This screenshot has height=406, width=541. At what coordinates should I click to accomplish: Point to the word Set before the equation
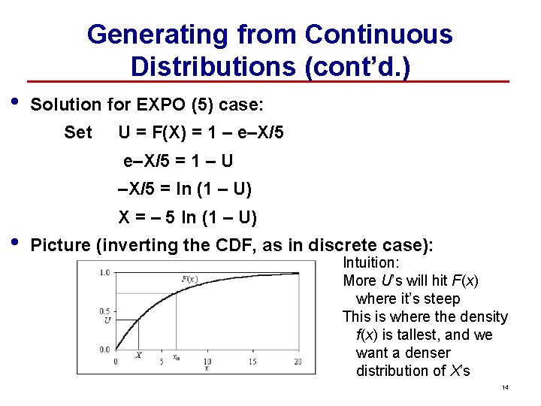[78, 133]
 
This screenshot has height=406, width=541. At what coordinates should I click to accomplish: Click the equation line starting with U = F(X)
[201, 133]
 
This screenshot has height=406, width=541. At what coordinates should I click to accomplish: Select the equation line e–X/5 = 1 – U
[178, 161]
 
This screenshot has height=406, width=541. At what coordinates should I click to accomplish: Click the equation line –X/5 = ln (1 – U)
[186, 189]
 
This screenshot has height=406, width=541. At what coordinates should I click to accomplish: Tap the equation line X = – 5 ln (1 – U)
[188, 218]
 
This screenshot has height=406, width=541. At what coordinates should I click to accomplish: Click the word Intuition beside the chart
[370, 263]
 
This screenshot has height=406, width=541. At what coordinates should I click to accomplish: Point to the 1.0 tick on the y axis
[104, 272]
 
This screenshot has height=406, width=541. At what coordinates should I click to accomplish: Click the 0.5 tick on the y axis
[104, 311]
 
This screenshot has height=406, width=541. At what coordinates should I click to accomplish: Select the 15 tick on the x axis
[252, 362]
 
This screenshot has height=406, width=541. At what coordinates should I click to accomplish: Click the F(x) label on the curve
[189, 279]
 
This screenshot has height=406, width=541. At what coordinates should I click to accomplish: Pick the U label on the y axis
[107, 320]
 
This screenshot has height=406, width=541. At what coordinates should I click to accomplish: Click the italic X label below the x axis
[138, 355]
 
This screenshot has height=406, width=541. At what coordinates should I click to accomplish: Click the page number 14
[505, 387]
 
